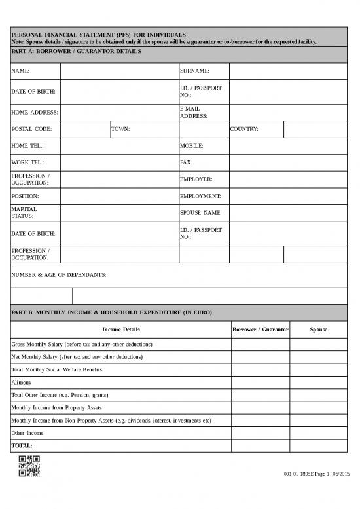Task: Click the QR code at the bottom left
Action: click(29, 466)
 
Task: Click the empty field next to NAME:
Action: click(118, 71)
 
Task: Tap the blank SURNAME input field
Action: click(288, 71)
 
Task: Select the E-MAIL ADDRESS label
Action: click(194, 112)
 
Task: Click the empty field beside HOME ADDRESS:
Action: click(118, 112)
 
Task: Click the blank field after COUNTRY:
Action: click(315, 129)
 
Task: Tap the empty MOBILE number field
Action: click(288, 145)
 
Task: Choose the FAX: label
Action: click(186, 162)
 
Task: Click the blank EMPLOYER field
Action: click(288, 179)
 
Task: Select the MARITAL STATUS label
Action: click(25, 212)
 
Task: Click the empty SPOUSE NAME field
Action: click(288, 212)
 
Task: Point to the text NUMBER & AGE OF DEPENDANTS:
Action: click(59, 275)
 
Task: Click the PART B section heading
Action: click(112, 312)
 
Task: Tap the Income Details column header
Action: click(121, 329)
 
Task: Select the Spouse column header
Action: click(318, 329)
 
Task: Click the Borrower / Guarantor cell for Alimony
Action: click(261, 382)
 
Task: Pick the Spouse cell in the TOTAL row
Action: click(318, 445)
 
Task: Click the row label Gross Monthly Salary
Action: click(82, 344)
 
